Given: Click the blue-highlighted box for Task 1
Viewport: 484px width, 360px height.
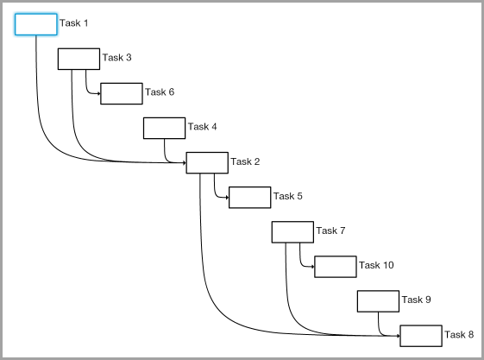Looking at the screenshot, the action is [36, 24].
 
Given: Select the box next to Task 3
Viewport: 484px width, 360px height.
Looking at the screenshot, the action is [79, 59].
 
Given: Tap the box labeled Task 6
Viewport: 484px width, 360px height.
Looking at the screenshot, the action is [122, 93].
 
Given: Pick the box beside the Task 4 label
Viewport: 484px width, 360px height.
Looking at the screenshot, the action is [164, 128].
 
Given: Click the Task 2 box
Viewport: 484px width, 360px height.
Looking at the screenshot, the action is [207, 162].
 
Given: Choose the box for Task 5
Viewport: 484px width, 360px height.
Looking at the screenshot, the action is [249, 198].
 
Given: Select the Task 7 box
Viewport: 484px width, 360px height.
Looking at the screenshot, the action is [292, 232].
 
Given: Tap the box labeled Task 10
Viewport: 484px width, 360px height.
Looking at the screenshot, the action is [336, 267].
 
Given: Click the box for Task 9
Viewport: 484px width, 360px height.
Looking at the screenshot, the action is [378, 301].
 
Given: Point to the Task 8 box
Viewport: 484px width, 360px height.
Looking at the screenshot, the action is [421, 336].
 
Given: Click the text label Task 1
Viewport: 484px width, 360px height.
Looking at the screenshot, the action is [74, 22].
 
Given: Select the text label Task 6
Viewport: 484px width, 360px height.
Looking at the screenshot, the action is [160, 92].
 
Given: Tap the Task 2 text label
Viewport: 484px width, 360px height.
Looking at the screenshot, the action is [245, 161].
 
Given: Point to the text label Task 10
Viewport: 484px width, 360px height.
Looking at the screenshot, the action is [376, 265].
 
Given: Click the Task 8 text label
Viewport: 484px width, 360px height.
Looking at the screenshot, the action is [459, 334].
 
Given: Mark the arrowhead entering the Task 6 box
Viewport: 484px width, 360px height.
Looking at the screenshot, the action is [98, 93].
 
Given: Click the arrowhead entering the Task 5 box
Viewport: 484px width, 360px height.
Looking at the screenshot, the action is [227, 198].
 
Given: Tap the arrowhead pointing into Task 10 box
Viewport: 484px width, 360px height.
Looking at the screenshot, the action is [312, 267].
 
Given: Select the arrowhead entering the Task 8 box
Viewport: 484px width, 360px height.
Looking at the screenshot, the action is [399, 336].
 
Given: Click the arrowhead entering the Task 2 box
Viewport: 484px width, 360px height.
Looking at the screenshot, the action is [185, 162].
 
